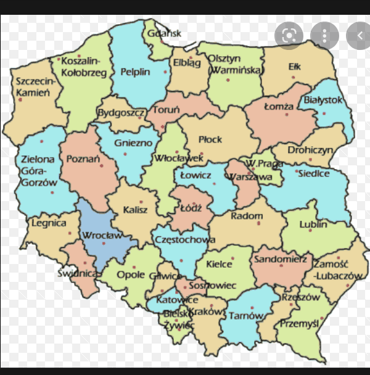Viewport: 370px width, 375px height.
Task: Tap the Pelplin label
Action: click(135, 72)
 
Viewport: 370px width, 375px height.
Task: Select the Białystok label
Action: click(323, 100)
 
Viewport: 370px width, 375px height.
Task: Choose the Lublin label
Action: click(313, 225)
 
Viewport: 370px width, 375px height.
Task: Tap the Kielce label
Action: click(219, 264)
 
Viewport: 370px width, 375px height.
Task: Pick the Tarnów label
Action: click(245, 316)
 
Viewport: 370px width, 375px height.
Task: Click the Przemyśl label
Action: click(298, 323)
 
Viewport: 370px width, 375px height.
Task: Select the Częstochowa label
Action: click(186, 240)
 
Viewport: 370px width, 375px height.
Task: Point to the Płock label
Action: click(210, 140)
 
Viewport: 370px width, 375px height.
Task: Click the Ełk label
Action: click(295, 67)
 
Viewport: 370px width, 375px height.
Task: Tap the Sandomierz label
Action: click(280, 260)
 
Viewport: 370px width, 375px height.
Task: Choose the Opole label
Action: click(131, 274)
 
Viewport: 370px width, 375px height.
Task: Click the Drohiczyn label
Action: click(311, 150)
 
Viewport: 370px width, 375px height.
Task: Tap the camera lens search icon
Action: click(289, 35)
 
